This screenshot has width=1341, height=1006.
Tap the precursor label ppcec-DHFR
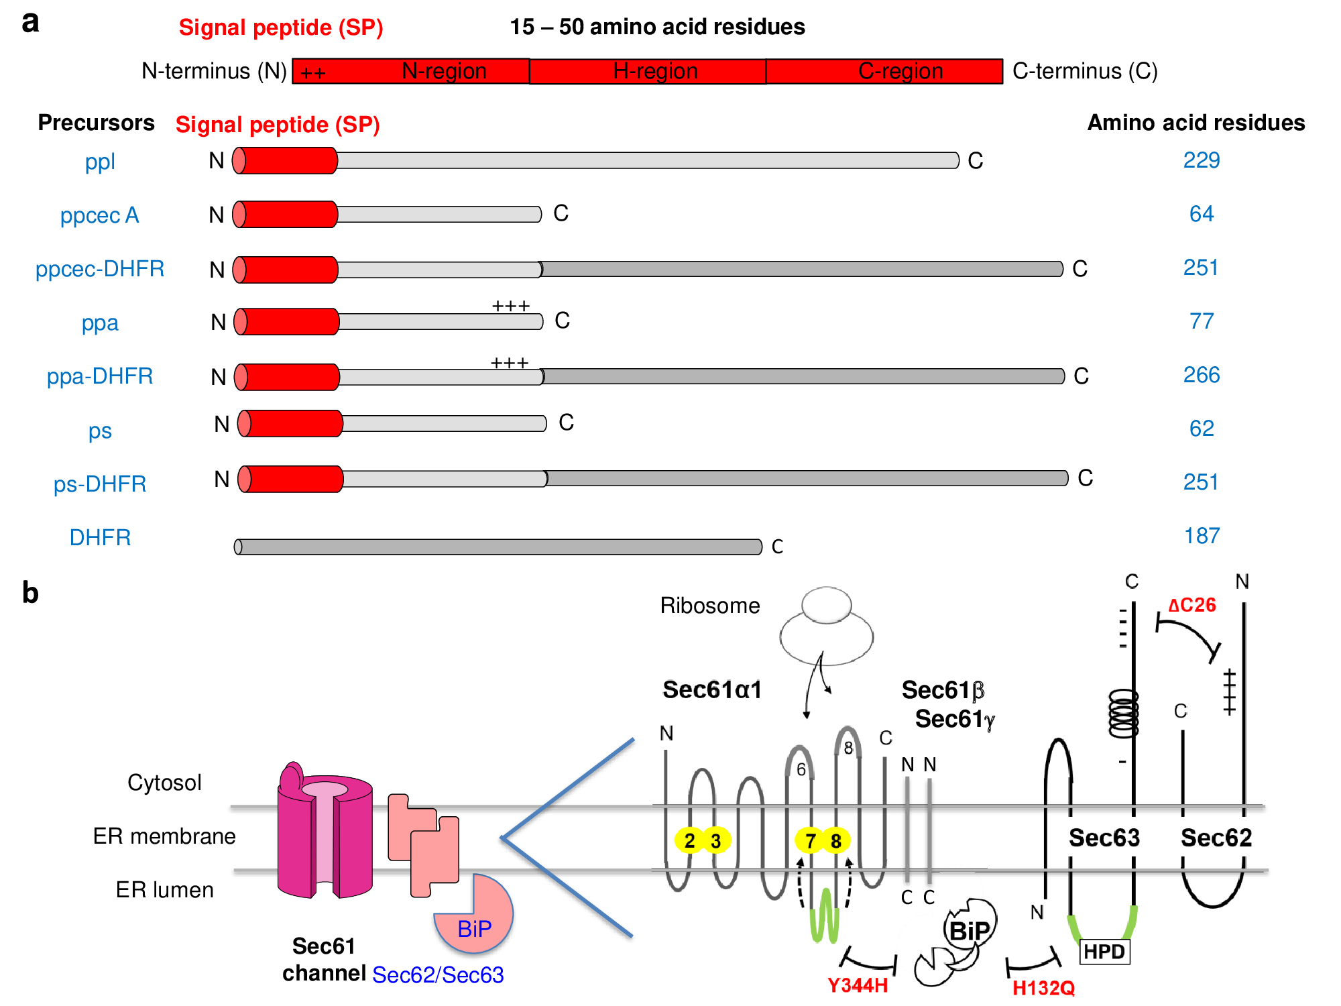point(100,268)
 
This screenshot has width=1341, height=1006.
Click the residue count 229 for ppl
point(1201,160)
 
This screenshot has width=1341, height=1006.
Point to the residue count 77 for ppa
point(1201,321)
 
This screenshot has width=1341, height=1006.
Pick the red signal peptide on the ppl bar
point(287,161)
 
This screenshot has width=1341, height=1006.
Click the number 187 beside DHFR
point(1201,536)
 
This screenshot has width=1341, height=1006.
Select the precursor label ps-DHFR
point(100,484)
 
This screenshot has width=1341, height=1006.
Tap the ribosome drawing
point(826,627)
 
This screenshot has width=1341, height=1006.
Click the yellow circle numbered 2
point(689,840)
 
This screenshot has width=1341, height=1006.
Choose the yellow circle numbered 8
point(835,840)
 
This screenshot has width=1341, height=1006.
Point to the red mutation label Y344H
point(857,985)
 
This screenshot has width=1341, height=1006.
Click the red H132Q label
point(1043,988)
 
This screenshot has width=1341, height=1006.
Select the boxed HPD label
point(1104,952)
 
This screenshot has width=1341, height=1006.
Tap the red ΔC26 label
point(1191,605)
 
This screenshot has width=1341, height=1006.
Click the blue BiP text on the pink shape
point(474,929)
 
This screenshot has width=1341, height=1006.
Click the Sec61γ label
point(955,719)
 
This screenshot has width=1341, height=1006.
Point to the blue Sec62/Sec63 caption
point(438,974)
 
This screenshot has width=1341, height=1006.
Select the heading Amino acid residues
point(1196,123)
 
